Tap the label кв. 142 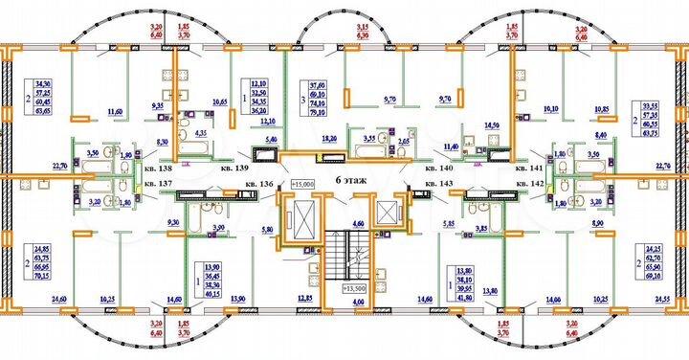tap(529, 182)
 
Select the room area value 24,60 tap(59, 300)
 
